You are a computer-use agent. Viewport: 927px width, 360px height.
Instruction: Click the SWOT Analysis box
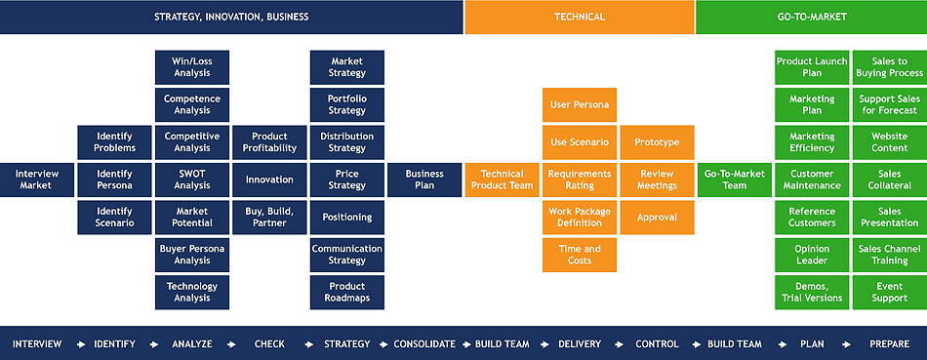(x=192, y=180)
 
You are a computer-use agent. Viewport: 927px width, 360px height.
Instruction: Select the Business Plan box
(x=424, y=180)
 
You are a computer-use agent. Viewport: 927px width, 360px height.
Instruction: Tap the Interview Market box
(x=37, y=180)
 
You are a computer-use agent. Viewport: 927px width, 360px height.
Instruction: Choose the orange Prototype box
(x=657, y=142)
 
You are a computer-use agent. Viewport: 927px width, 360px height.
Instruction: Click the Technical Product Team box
(x=502, y=180)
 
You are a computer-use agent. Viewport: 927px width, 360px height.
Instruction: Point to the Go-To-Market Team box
(x=735, y=180)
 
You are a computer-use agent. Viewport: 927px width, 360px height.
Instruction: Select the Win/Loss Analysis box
(x=192, y=67)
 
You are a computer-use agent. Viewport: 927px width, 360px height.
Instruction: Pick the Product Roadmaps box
(x=347, y=292)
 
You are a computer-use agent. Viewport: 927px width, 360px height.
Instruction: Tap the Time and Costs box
(x=580, y=255)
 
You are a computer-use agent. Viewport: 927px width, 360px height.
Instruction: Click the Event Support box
(x=890, y=292)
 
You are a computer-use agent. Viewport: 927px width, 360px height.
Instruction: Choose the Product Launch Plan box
(x=812, y=67)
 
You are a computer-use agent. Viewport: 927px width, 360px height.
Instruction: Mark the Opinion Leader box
(x=812, y=255)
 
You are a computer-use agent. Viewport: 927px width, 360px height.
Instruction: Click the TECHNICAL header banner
(x=580, y=17)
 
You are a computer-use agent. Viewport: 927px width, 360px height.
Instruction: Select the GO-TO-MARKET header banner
(x=812, y=17)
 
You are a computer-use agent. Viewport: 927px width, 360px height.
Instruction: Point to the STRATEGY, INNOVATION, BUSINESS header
(x=231, y=17)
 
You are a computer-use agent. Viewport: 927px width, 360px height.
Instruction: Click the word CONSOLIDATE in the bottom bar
(x=424, y=344)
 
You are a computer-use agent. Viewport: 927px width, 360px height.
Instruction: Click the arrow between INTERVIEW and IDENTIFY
(x=82, y=344)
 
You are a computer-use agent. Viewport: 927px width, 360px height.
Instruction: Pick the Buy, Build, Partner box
(x=269, y=218)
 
